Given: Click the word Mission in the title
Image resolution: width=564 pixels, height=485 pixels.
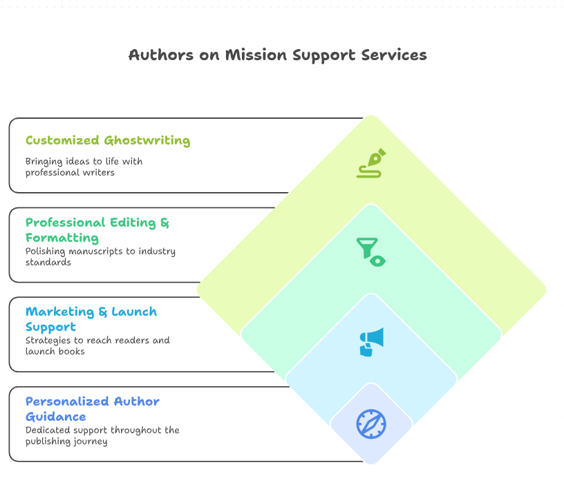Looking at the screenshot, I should [x=251, y=55].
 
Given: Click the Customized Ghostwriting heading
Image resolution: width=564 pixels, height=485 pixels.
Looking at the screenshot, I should [x=108, y=140].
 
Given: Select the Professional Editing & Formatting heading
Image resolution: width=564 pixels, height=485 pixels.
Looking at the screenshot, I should [x=97, y=230].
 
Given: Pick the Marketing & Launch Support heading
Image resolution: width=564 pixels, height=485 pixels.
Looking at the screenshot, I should [x=91, y=319].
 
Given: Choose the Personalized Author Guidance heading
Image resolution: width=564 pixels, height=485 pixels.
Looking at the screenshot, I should [x=93, y=408].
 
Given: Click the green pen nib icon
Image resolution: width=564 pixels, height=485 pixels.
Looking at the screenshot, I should [x=371, y=163].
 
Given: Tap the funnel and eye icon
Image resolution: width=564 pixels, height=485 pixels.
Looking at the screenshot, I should [x=371, y=251].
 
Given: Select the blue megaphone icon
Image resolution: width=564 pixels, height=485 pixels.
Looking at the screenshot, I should [x=371, y=341].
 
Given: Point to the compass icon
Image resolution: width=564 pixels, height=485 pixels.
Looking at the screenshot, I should [x=371, y=424].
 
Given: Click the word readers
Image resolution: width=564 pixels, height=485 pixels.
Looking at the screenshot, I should [x=131, y=341].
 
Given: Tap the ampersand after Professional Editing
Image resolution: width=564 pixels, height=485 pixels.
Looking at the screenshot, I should [x=164, y=222].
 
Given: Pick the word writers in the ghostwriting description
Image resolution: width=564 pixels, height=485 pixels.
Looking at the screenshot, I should [x=97, y=172].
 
